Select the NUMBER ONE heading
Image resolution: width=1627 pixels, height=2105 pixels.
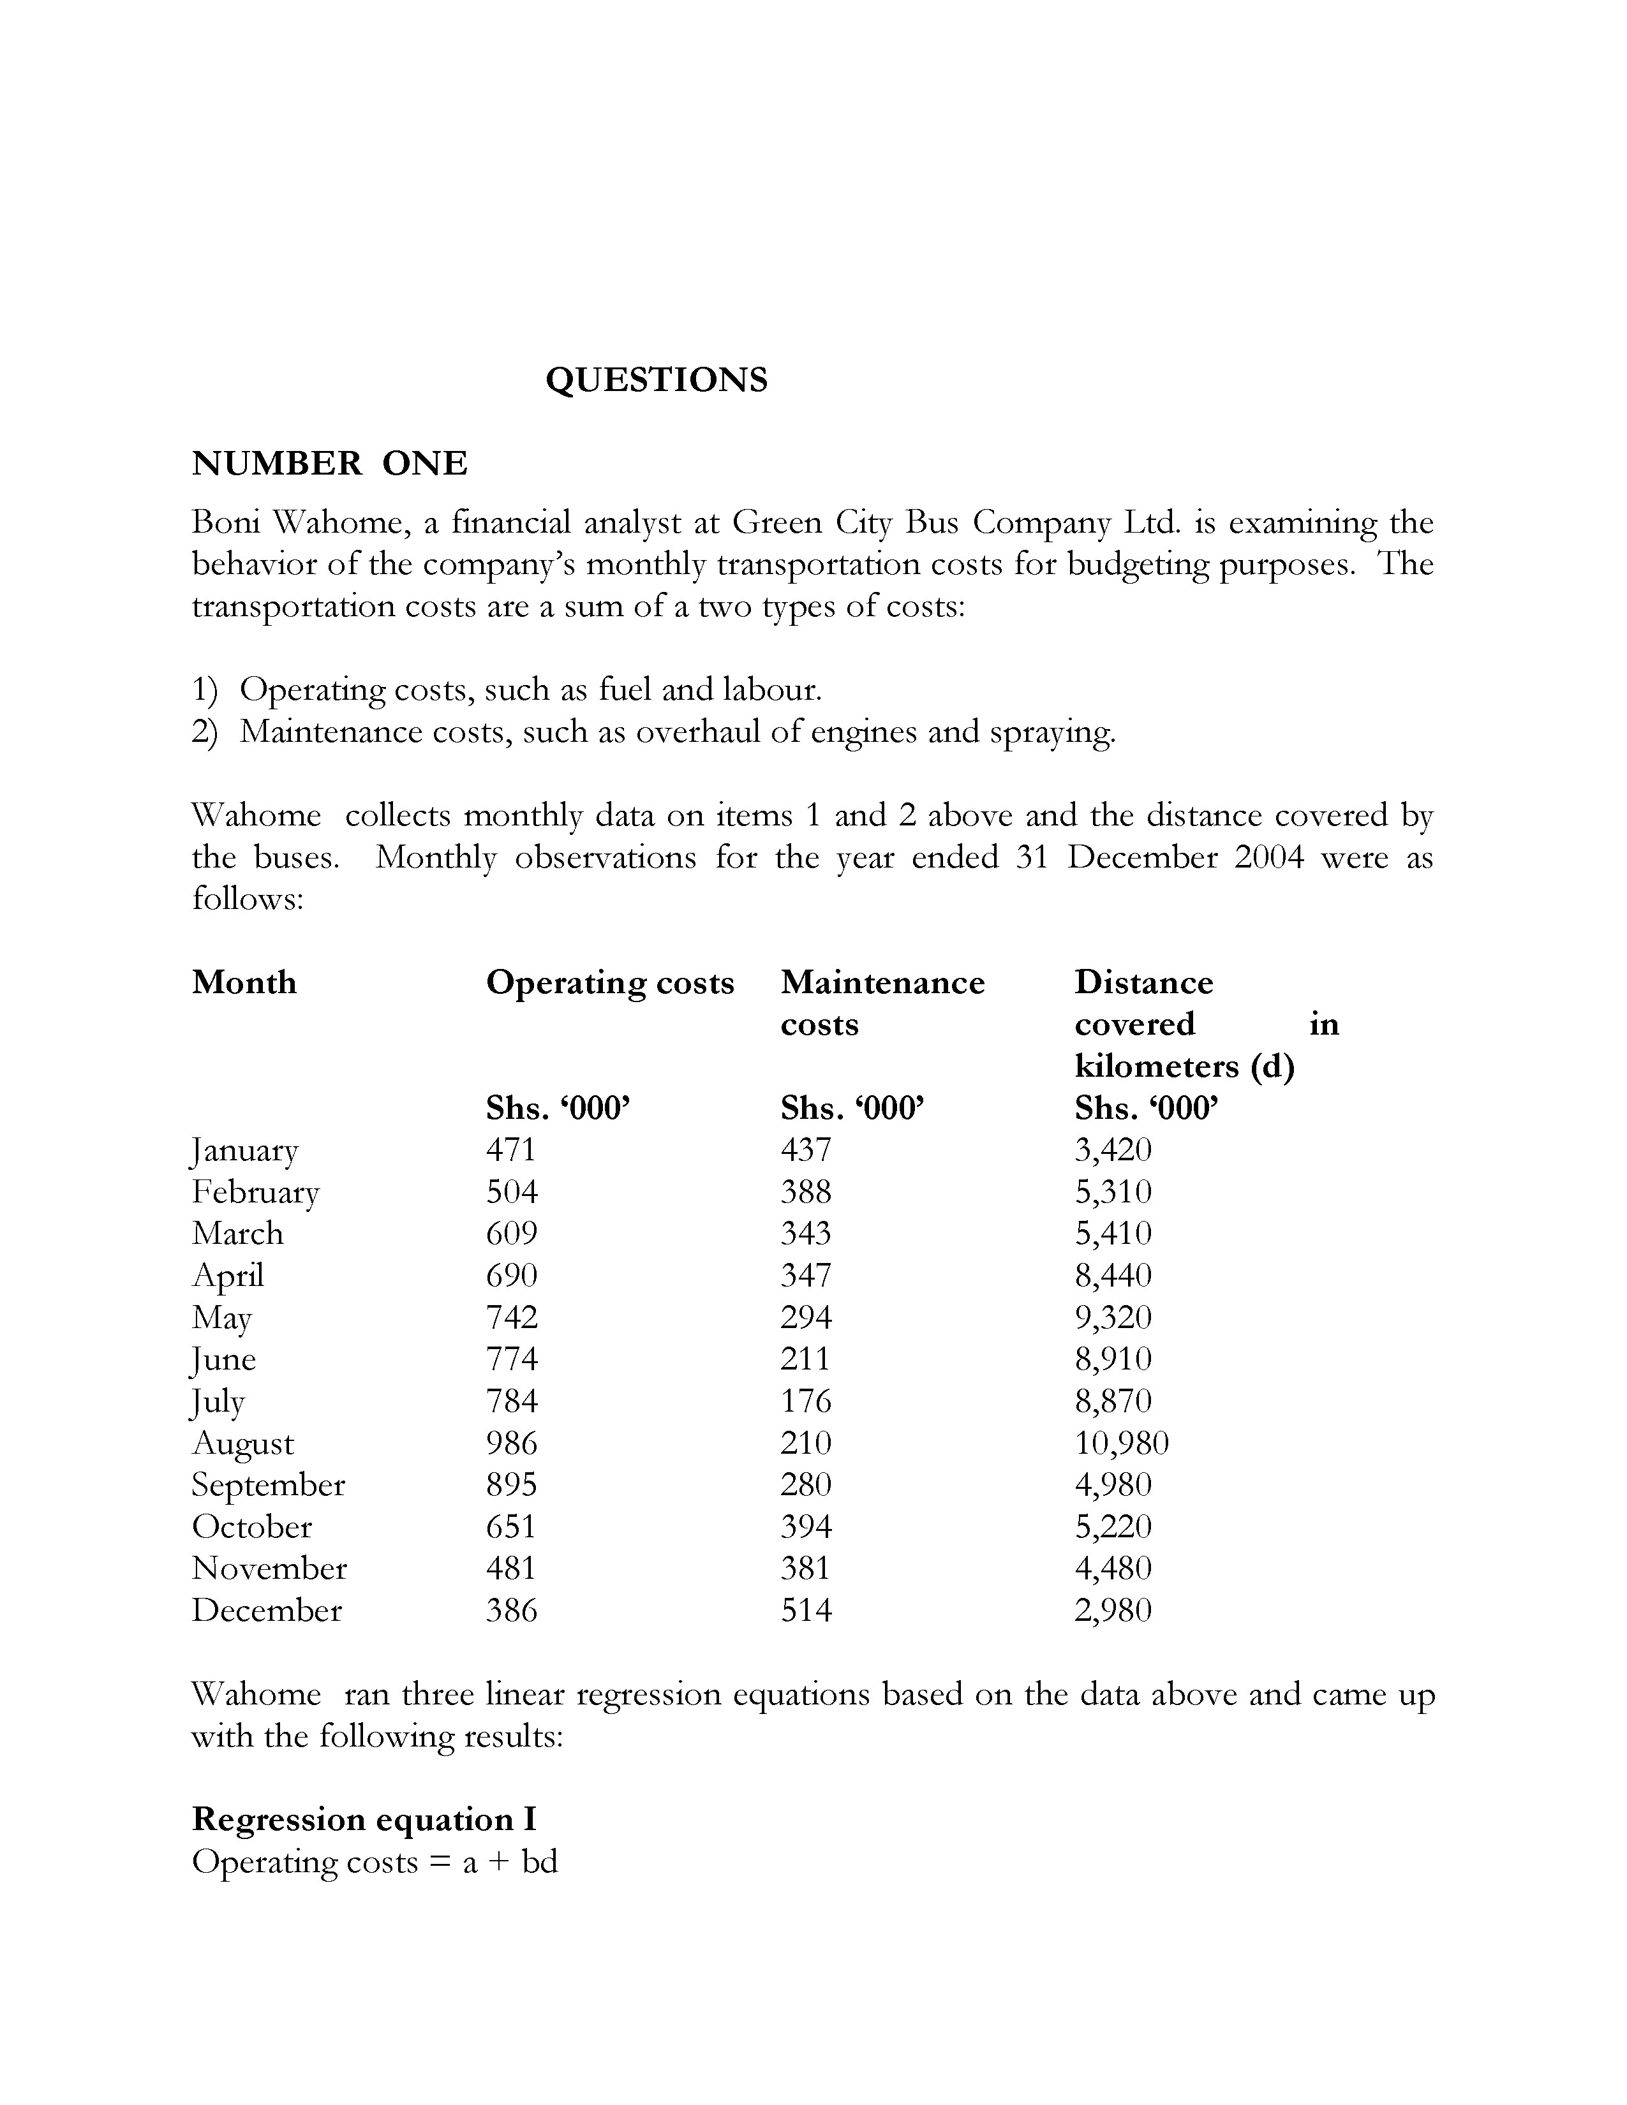[x=330, y=464]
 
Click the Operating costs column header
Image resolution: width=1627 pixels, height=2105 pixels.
[x=609, y=982]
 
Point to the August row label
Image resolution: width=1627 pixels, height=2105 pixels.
[x=243, y=1444]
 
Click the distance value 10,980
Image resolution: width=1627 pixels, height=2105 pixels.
[x=1121, y=1443]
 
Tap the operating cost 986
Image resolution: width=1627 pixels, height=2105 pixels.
[x=511, y=1443]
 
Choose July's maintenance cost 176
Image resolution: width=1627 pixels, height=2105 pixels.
[x=806, y=1400]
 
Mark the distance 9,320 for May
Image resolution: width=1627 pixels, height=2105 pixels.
[x=1113, y=1317]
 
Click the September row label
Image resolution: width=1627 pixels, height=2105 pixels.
[x=268, y=1484]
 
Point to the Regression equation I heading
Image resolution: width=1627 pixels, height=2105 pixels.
[x=364, y=1819]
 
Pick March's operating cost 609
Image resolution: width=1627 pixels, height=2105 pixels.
[x=511, y=1233]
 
